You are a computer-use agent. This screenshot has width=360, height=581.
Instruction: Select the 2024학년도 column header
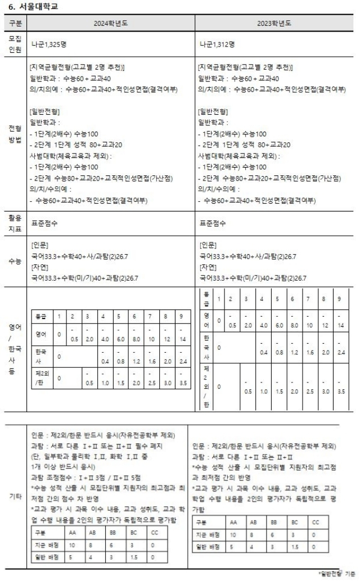coord(110,23)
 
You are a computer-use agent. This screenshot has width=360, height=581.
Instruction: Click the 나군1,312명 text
coord(217,44)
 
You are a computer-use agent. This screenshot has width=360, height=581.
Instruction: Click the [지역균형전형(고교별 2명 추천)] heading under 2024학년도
coord(76,68)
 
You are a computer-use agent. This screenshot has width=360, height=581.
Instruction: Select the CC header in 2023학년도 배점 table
coord(315,522)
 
